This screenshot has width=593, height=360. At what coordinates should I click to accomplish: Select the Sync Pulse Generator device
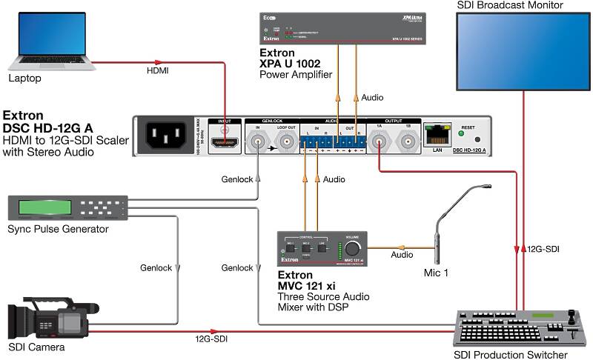tap(67, 207)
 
